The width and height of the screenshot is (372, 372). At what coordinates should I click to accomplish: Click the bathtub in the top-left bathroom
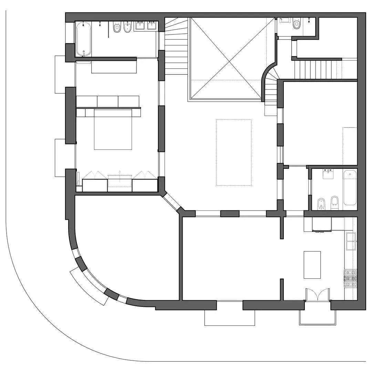coord(84,39)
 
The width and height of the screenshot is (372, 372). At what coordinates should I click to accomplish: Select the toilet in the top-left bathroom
coord(117,28)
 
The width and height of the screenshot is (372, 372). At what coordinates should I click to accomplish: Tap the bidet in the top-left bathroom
coord(127,28)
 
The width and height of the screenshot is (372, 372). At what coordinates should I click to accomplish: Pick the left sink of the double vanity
coord(140,26)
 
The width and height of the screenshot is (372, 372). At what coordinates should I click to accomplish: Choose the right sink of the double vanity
coord(152,26)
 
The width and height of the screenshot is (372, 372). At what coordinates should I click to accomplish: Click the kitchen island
coord(312,265)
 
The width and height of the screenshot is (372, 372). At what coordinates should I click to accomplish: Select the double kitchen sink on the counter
coord(351,241)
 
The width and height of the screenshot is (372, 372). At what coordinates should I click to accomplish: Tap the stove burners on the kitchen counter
coord(350,278)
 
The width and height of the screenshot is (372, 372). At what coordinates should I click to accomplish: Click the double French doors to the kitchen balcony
coord(318,296)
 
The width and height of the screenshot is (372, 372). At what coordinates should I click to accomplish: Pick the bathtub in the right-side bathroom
coord(350,187)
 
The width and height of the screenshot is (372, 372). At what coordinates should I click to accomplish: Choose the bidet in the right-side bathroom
coord(322,204)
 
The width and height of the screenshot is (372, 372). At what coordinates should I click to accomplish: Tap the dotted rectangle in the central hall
coord(234,152)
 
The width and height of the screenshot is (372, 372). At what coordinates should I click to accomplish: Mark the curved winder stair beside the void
coord(271,86)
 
